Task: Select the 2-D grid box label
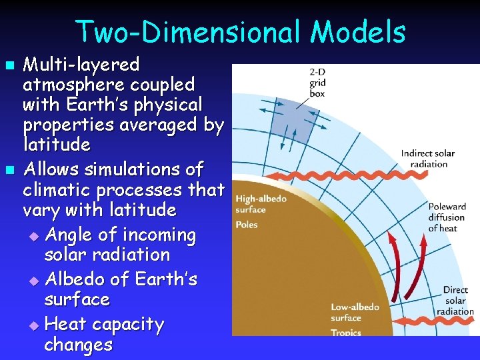(x=317, y=83)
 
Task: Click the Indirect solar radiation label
(x=428, y=159)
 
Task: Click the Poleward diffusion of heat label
(x=447, y=217)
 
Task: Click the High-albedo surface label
(x=261, y=204)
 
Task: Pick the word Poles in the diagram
(x=247, y=225)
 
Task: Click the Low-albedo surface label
(x=355, y=313)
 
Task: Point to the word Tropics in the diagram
(x=345, y=332)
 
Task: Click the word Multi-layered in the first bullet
(x=81, y=65)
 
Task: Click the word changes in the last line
(x=78, y=345)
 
